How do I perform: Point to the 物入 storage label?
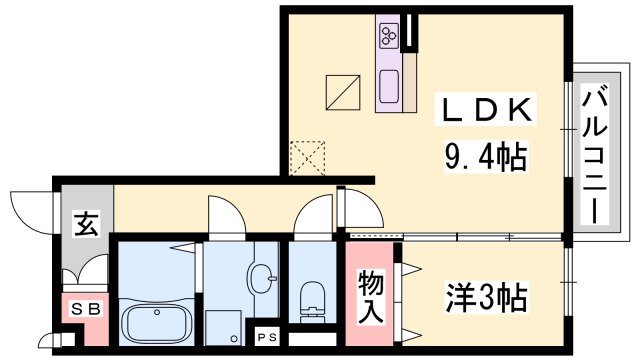pos(371,296)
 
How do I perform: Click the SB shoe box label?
pos(86,310)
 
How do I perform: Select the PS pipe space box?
pos(267,337)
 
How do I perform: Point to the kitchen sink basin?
pos(388,86)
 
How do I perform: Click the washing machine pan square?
pos(225,325)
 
